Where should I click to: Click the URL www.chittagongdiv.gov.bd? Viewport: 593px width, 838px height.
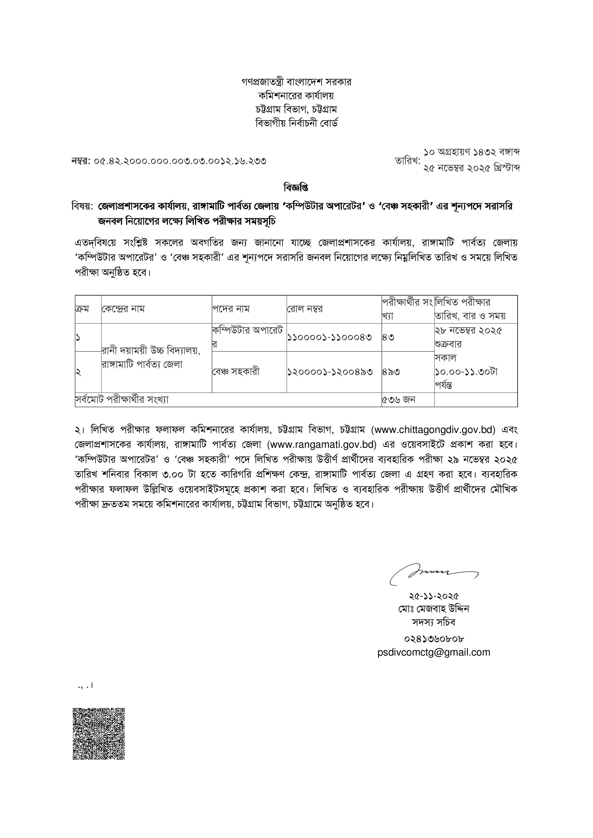(x=433, y=430)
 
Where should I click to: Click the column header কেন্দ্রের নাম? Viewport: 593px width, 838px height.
(x=123, y=309)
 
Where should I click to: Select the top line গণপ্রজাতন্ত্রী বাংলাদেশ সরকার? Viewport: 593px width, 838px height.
(x=296, y=82)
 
